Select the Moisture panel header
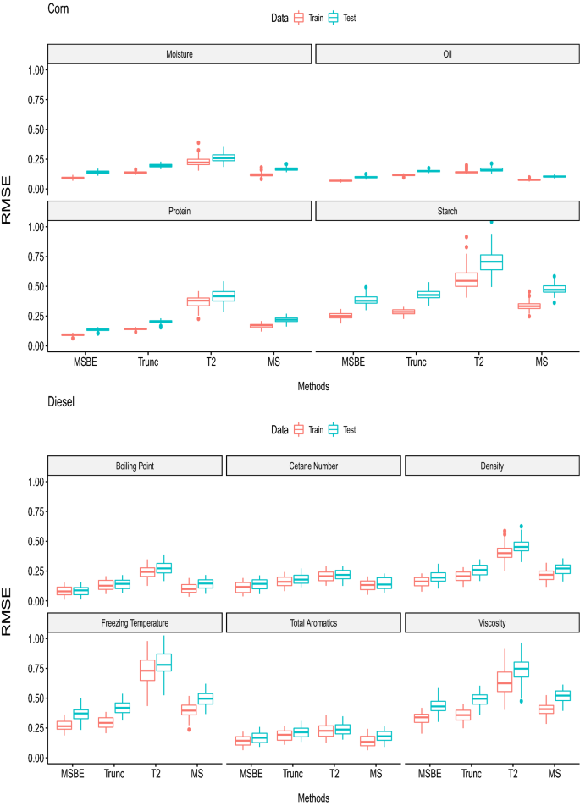pos(180,54)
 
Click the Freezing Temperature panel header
pos(135,623)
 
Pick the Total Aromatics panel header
pos(312,623)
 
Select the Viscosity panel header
pos(491,623)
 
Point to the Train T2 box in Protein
pos(198,301)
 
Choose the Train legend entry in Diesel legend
pos(298,429)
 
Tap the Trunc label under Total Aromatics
pos(292,774)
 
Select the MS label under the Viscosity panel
pos(554,774)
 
